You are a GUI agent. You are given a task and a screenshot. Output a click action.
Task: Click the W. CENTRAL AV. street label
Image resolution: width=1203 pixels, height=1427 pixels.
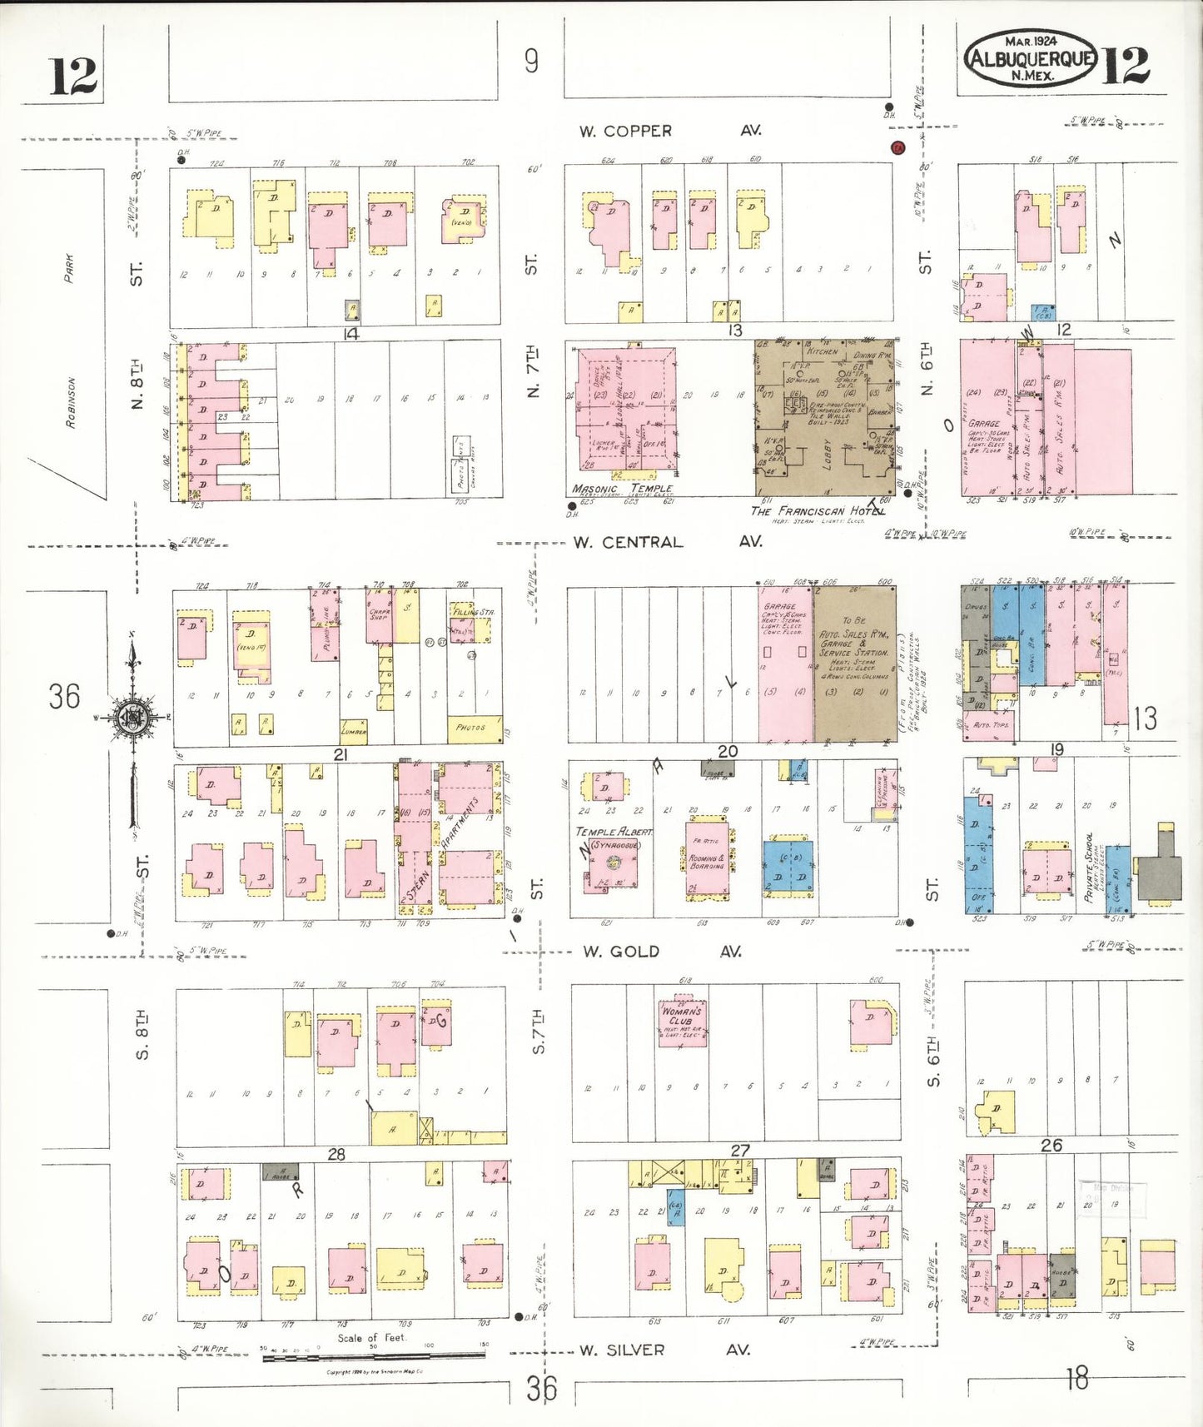666,542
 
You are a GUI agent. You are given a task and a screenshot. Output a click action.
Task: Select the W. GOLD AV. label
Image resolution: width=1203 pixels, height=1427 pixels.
662,951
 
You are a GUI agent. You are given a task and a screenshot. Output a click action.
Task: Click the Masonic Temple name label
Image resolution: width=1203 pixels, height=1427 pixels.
622,489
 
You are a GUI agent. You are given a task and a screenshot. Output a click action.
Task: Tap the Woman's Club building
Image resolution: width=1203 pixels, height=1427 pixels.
682,1022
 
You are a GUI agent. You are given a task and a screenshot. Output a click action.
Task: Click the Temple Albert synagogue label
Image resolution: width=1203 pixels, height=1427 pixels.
614,832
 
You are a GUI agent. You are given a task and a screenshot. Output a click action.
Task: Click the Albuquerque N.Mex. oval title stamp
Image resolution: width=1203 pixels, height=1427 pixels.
1031,58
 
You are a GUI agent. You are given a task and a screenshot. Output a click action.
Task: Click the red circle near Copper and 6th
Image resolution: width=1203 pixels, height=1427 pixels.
897,148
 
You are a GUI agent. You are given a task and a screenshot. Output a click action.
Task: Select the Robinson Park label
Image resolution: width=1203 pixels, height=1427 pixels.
70,341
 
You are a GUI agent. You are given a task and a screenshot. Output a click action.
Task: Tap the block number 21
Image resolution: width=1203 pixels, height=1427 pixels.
340,754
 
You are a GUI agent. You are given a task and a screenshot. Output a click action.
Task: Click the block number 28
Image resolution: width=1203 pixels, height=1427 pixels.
336,1154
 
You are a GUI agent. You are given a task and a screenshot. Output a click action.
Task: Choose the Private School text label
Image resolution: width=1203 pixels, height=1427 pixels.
1089,867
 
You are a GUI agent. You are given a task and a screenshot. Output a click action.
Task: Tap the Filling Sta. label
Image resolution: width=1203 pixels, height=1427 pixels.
473,612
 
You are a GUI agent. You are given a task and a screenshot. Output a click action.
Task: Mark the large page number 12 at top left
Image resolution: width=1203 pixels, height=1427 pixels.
73,77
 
